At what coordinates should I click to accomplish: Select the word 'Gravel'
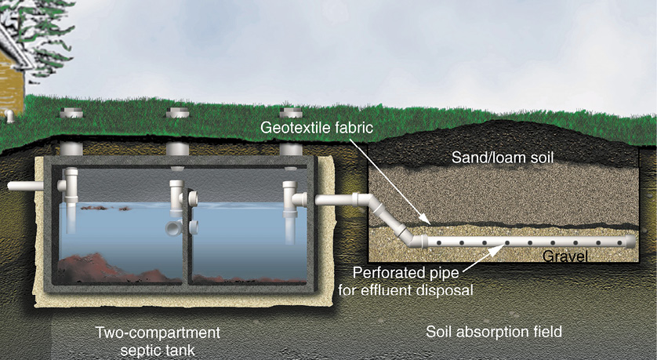coord(565,256)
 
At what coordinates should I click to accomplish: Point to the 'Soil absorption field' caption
coord(493,331)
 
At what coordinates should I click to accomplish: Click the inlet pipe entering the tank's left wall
coord(24,187)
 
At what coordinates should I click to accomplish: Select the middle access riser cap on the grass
coord(178,113)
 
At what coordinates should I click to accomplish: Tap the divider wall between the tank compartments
coord(185,235)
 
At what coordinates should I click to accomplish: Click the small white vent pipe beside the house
coord(8,115)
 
